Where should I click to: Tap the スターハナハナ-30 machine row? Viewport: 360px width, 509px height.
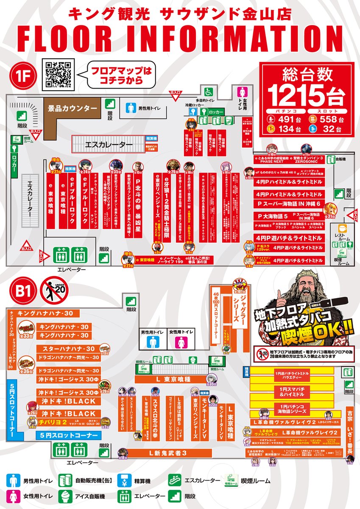click(x=68, y=349)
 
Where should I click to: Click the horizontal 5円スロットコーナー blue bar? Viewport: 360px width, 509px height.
click(x=68, y=435)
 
